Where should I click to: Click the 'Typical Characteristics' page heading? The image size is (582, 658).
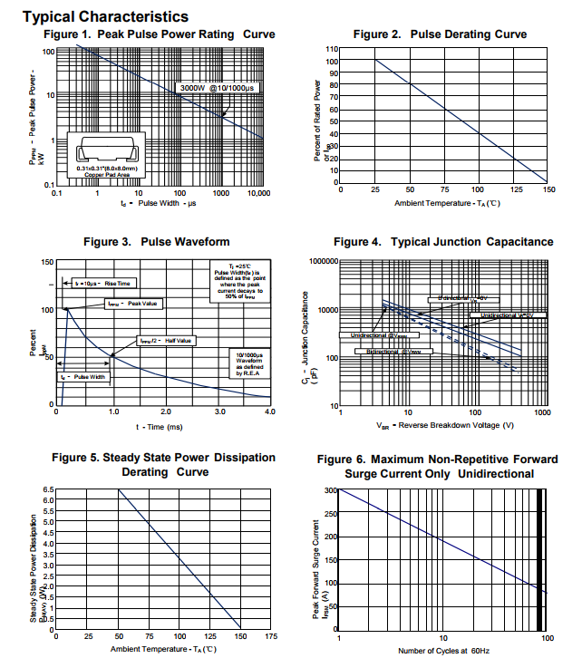tap(105, 16)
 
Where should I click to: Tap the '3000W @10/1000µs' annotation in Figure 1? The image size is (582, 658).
tap(218, 87)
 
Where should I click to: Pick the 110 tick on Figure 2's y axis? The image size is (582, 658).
tap(332, 49)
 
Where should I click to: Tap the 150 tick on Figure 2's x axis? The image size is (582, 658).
tap(547, 189)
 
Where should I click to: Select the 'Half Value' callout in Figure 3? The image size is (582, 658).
tap(166, 341)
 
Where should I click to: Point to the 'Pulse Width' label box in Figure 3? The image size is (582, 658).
tap(84, 376)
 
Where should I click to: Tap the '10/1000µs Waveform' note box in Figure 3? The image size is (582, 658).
tap(247, 363)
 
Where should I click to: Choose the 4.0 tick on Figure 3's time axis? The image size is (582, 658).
tap(269, 411)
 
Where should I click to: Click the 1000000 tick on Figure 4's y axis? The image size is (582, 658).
tap(322, 261)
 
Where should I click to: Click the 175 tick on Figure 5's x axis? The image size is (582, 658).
tap(269, 636)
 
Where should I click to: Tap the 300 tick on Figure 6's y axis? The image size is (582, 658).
tap(328, 490)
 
